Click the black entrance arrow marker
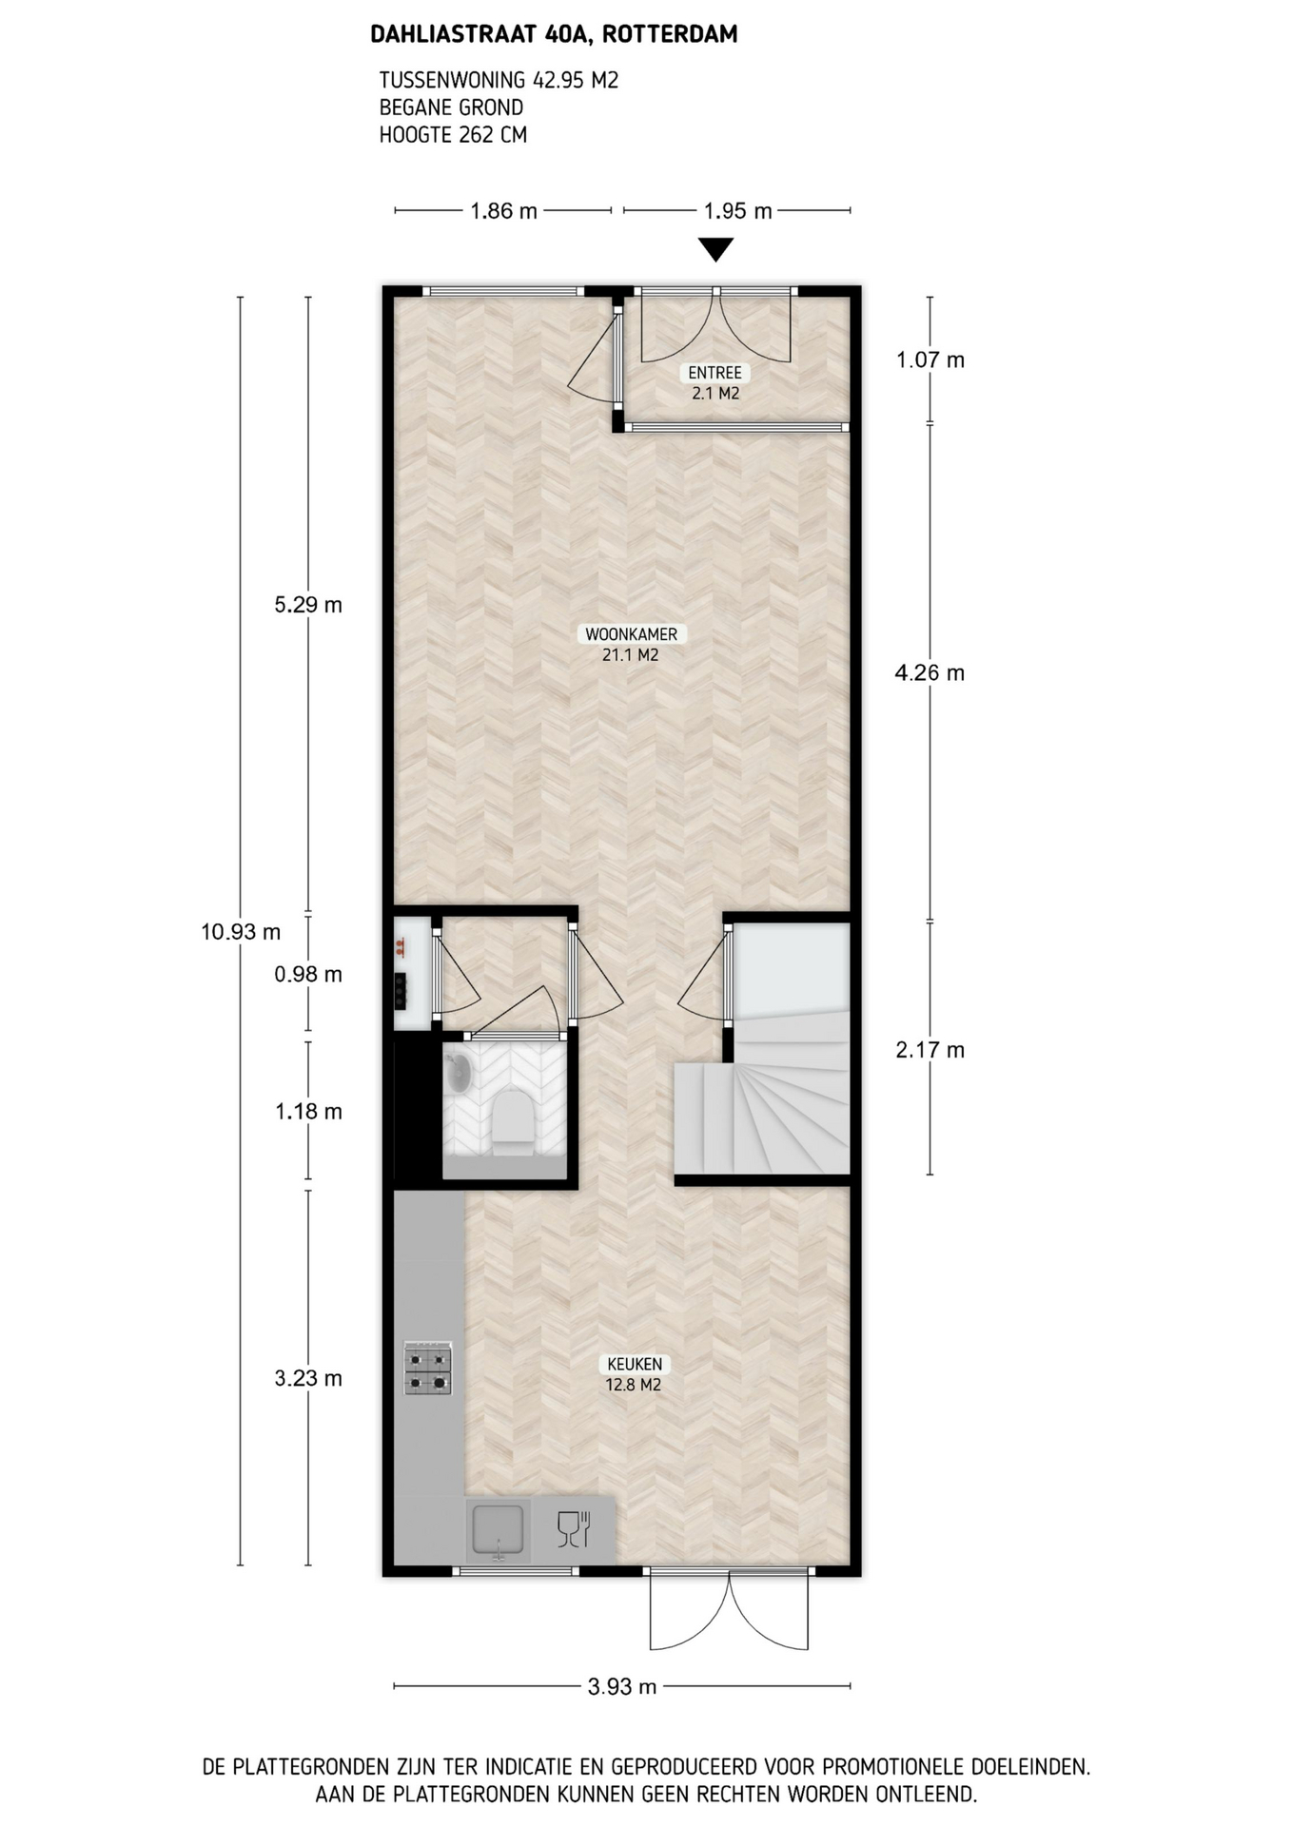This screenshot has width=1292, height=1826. [715, 249]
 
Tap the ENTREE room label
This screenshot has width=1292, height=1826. [715, 373]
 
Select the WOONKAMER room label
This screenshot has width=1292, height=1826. [631, 634]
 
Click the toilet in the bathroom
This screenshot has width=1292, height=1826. [514, 1122]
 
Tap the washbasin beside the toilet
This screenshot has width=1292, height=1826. [460, 1072]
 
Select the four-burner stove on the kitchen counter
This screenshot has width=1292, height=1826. [428, 1369]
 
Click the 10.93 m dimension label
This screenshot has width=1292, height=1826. [241, 932]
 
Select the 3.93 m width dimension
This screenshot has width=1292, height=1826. [622, 1687]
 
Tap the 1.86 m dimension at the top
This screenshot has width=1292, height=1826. [503, 211]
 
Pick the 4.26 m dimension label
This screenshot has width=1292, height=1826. [930, 673]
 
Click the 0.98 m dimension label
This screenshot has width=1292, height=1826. [307, 975]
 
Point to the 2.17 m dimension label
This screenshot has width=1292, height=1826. [930, 1050]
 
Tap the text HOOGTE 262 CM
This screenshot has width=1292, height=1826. [453, 135]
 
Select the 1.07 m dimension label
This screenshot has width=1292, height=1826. [930, 360]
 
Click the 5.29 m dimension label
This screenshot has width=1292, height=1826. [307, 605]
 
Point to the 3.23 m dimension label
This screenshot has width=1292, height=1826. [307, 1379]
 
